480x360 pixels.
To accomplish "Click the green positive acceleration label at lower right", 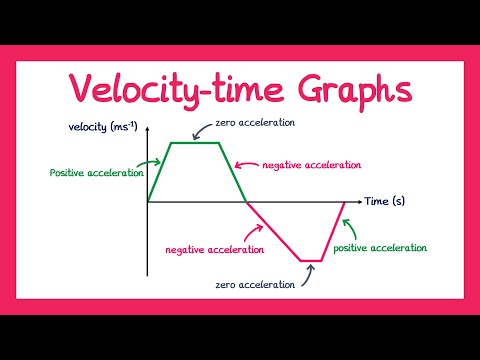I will pyautogui.click(x=380, y=247).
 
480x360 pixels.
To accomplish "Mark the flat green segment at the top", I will pyautogui.click(x=196, y=143).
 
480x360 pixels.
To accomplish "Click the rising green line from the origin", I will pyautogui.click(x=159, y=172).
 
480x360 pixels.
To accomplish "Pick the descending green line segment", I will pyautogui.click(x=233, y=172).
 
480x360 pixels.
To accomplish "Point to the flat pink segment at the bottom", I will pyautogui.click(x=312, y=261).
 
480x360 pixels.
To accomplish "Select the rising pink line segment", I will pyautogui.click(x=334, y=231).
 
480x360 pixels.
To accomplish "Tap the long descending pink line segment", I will pyautogui.click(x=275, y=231).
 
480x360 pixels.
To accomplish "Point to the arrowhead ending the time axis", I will pyautogui.click(x=356, y=201).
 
